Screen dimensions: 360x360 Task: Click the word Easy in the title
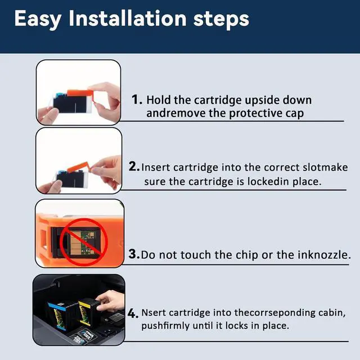[38, 19]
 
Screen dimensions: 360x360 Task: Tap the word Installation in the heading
[128, 18]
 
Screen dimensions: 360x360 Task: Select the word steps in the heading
[221, 20]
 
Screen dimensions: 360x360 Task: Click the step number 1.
[137, 100]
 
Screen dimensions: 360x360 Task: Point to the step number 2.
[134, 166]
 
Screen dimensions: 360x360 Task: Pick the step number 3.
[134, 254]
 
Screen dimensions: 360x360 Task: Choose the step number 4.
[133, 313]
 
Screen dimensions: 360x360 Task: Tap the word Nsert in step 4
[153, 313]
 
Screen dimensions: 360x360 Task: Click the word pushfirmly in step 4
[165, 326]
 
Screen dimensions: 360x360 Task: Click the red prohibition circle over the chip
[84, 241]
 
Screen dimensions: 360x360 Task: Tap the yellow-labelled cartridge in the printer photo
[89, 312]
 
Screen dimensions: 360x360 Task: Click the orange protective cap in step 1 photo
[80, 94]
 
